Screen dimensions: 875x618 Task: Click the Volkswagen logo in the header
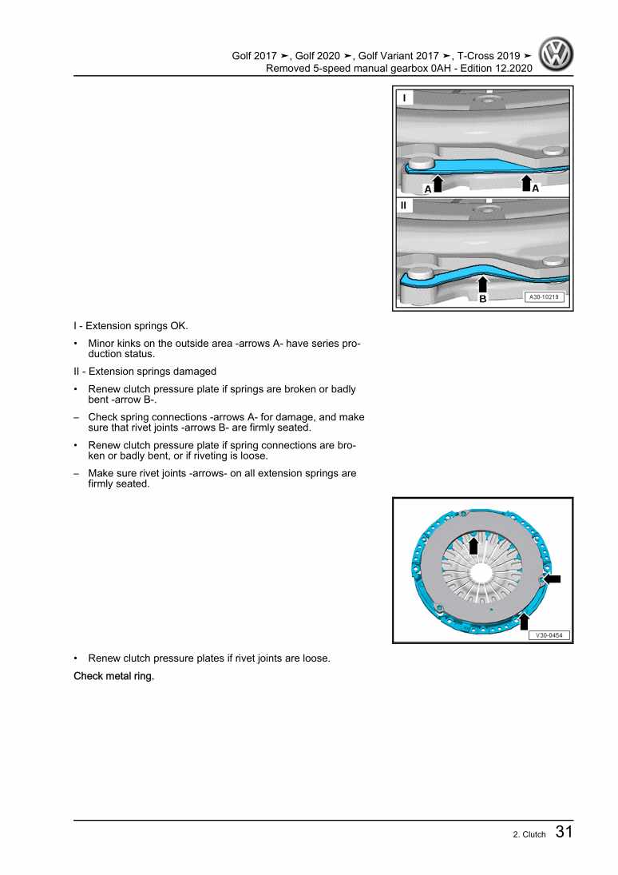[557, 57]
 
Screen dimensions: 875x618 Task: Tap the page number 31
[563, 832]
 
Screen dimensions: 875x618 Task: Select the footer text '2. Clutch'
[529, 834]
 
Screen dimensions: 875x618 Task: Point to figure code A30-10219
[545, 296]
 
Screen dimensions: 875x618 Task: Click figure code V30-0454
[548, 635]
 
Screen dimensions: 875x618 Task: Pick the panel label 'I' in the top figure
[404, 98]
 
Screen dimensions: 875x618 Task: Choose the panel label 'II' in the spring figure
[404, 205]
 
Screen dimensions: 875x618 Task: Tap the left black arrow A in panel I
[437, 184]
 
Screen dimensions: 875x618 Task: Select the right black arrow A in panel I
[526, 184]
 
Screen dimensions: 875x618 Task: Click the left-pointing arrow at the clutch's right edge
[552, 579]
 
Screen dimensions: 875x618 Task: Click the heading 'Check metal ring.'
[113, 677]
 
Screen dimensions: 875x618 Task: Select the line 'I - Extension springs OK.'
[131, 326]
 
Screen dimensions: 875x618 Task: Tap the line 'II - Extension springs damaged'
[145, 372]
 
